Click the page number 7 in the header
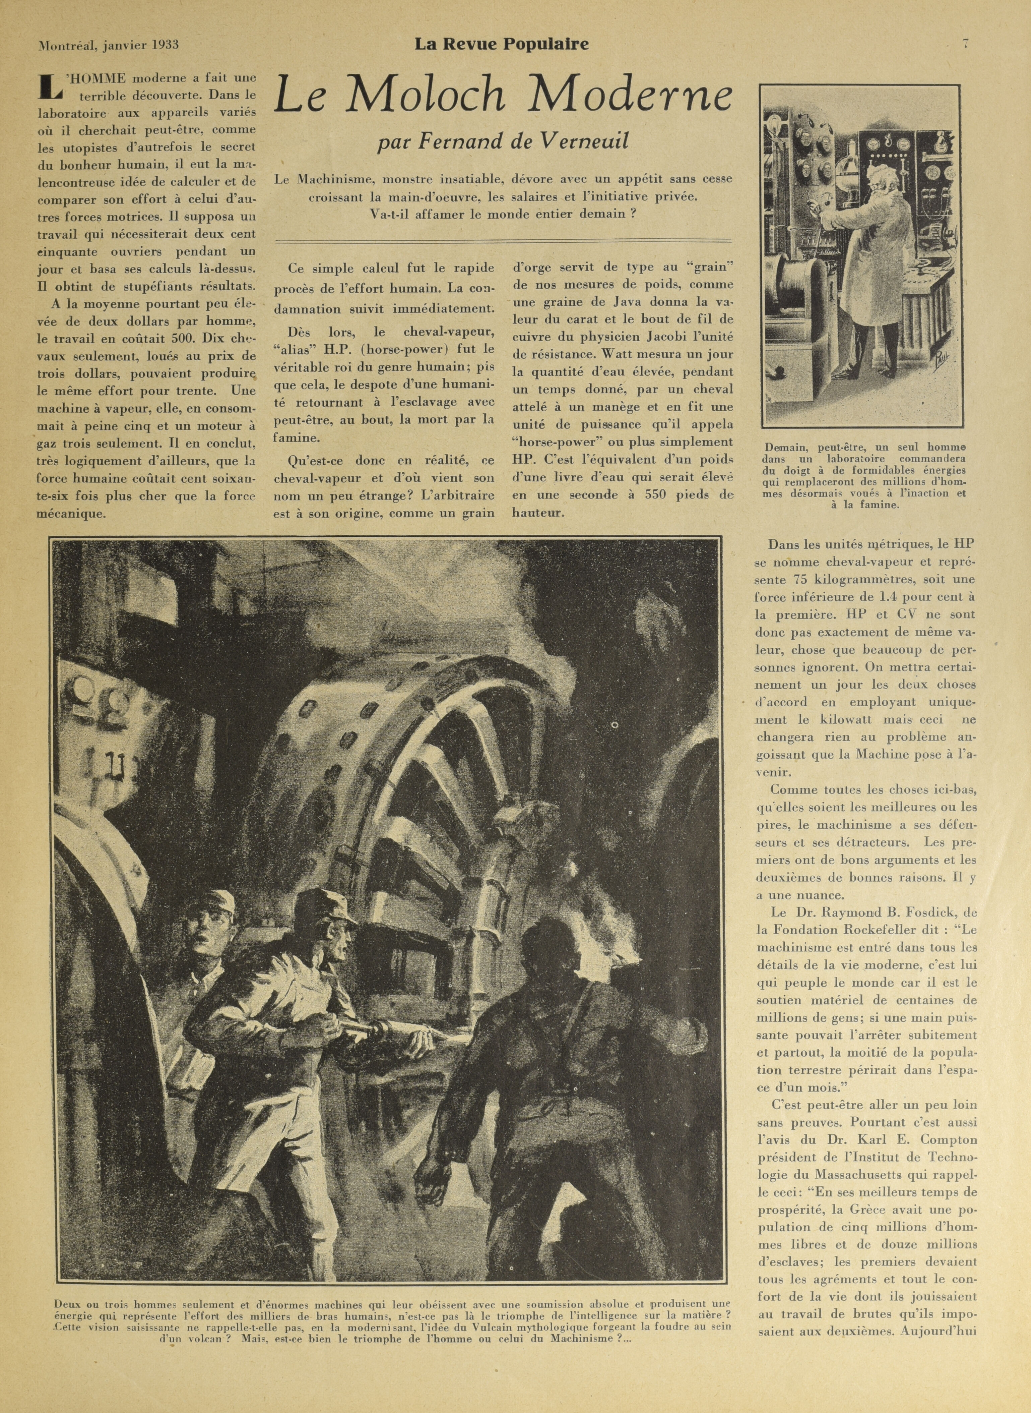pos(965,43)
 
